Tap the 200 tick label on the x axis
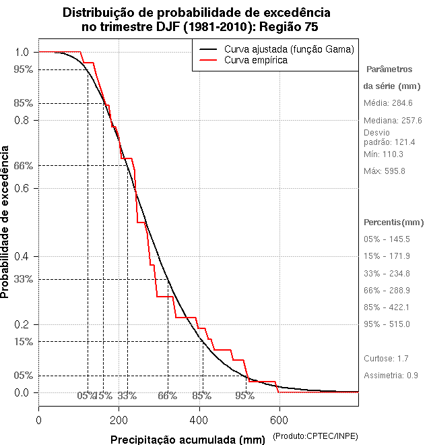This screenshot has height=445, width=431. (119, 419)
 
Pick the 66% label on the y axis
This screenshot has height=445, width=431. (23, 165)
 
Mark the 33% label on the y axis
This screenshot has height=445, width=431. (23, 279)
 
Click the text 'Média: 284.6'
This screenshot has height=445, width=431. (388, 103)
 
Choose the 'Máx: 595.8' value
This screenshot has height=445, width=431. (384, 171)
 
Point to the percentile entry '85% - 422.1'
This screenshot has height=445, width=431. (387, 307)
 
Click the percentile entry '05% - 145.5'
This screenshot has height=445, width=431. (387, 239)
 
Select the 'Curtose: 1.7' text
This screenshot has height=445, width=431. (385, 358)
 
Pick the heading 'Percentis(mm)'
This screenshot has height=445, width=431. (394, 222)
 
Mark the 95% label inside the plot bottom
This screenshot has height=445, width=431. (244, 396)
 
